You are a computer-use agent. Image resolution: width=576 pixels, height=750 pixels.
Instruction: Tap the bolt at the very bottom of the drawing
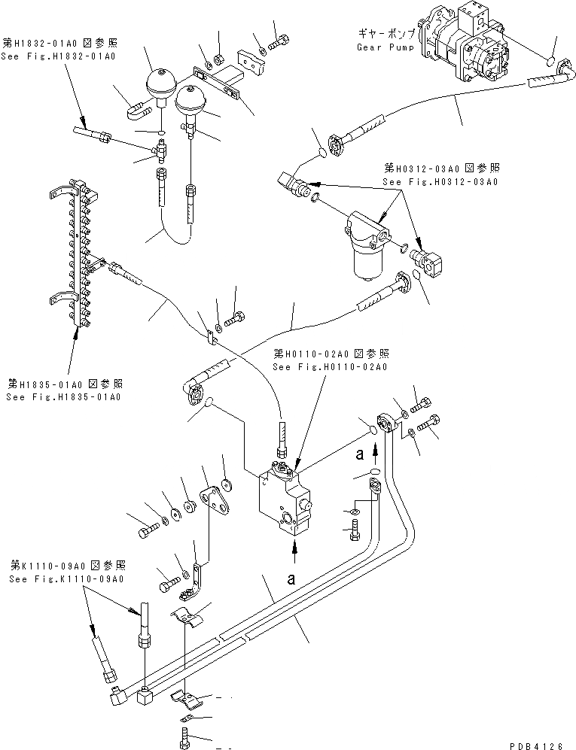pyautogui.click(x=184, y=739)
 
